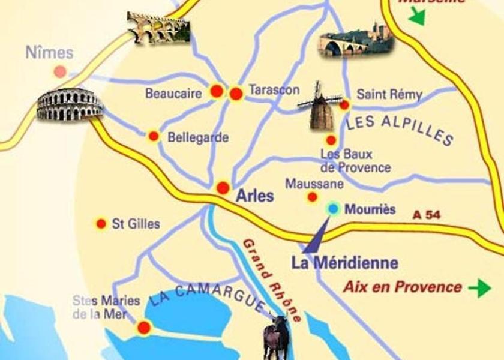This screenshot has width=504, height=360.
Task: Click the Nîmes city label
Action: click(x=49, y=53)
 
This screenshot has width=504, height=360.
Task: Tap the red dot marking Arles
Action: click(x=223, y=188)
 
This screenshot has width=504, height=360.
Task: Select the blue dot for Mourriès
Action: click(x=333, y=209)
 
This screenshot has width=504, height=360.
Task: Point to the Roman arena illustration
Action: click(x=70, y=104)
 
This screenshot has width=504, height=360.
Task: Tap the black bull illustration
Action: click(x=276, y=338)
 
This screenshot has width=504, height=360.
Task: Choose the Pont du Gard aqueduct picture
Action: click(x=158, y=27)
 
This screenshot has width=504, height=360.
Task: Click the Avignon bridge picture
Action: click(x=356, y=40)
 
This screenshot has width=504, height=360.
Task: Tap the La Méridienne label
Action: click(x=344, y=263)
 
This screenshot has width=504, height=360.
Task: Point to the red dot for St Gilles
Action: click(x=101, y=224)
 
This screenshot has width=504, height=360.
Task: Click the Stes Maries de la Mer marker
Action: click(x=144, y=328)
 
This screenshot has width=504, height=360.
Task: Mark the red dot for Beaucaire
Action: click(x=217, y=91)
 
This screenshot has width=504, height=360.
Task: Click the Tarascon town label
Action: click(x=274, y=90)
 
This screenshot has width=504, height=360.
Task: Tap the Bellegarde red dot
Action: click(x=154, y=136)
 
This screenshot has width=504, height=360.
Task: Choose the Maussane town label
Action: click(x=314, y=184)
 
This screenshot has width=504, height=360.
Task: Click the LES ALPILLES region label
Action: click(x=400, y=129)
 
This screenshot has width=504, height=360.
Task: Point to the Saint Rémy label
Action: click(x=389, y=95)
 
